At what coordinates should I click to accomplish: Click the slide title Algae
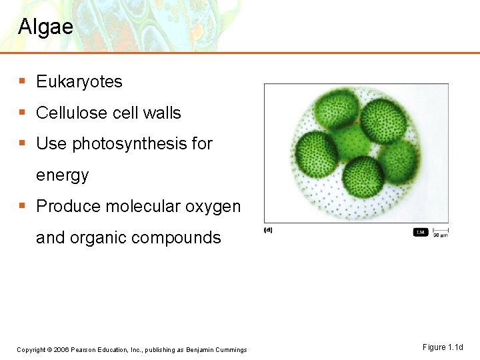(x=45, y=27)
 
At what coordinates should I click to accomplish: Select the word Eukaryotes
(x=79, y=82)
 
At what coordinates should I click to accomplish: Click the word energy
(x=62, y=175)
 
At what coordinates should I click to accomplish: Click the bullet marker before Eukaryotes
(x=22, y=81)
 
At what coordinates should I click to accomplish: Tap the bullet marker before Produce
(x=22, y=206)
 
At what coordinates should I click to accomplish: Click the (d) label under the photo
(x=268, y=230)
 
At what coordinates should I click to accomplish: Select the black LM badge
(x=421, y=232)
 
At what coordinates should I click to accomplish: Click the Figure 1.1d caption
(x=442, y=347)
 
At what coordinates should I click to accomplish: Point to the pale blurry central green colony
(x=352, y=141)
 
